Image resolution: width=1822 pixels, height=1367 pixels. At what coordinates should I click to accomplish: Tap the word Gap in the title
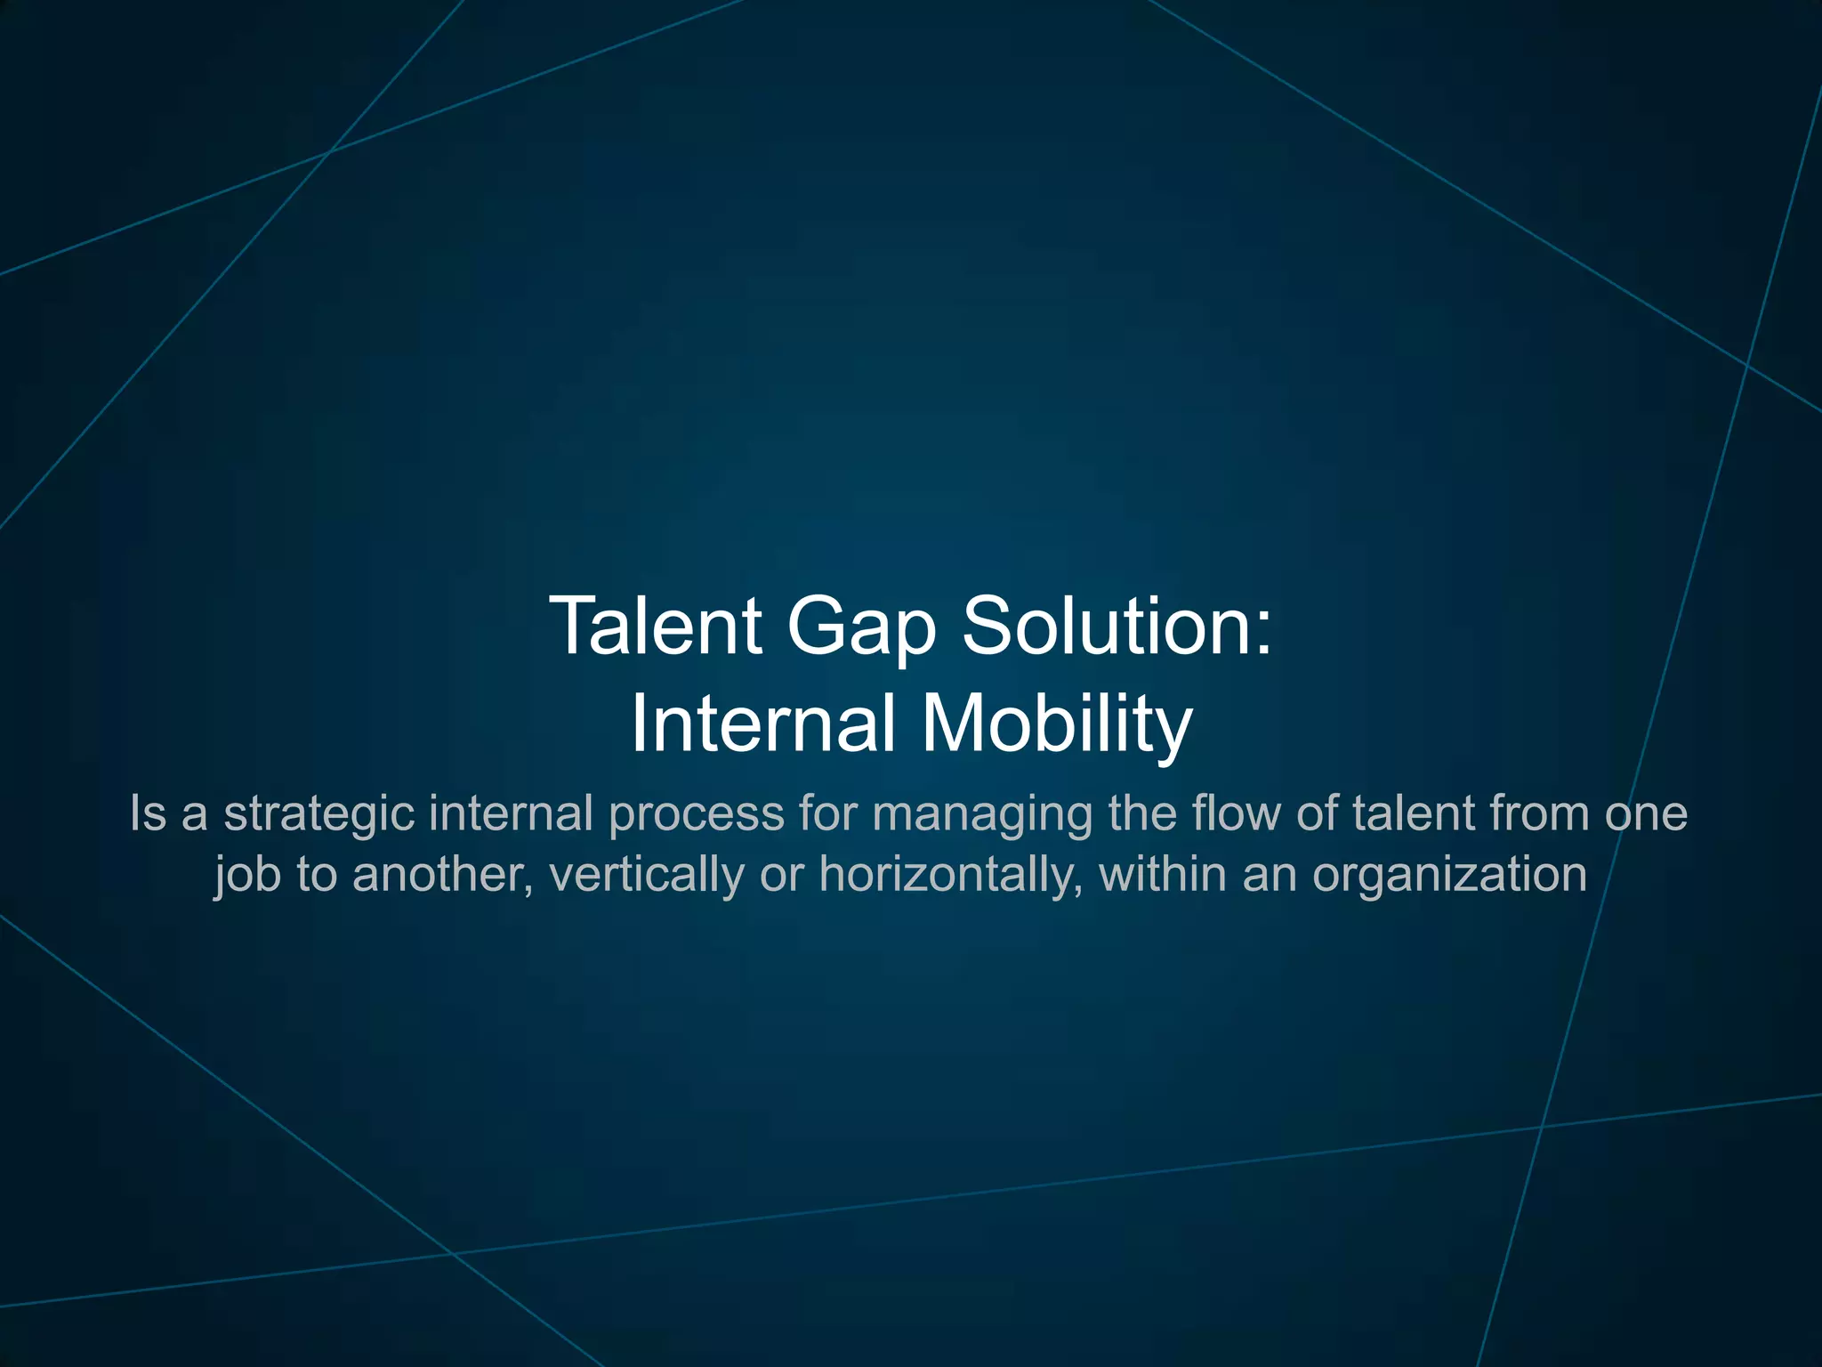[x=861, y=627]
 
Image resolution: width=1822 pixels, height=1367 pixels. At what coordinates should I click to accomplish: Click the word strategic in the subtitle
[x=318, y=814]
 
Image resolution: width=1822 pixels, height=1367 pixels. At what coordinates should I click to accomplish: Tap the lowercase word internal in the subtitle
[x=511, y=813]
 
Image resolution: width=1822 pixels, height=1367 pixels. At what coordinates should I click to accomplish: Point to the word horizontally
[x=951, y=875]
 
